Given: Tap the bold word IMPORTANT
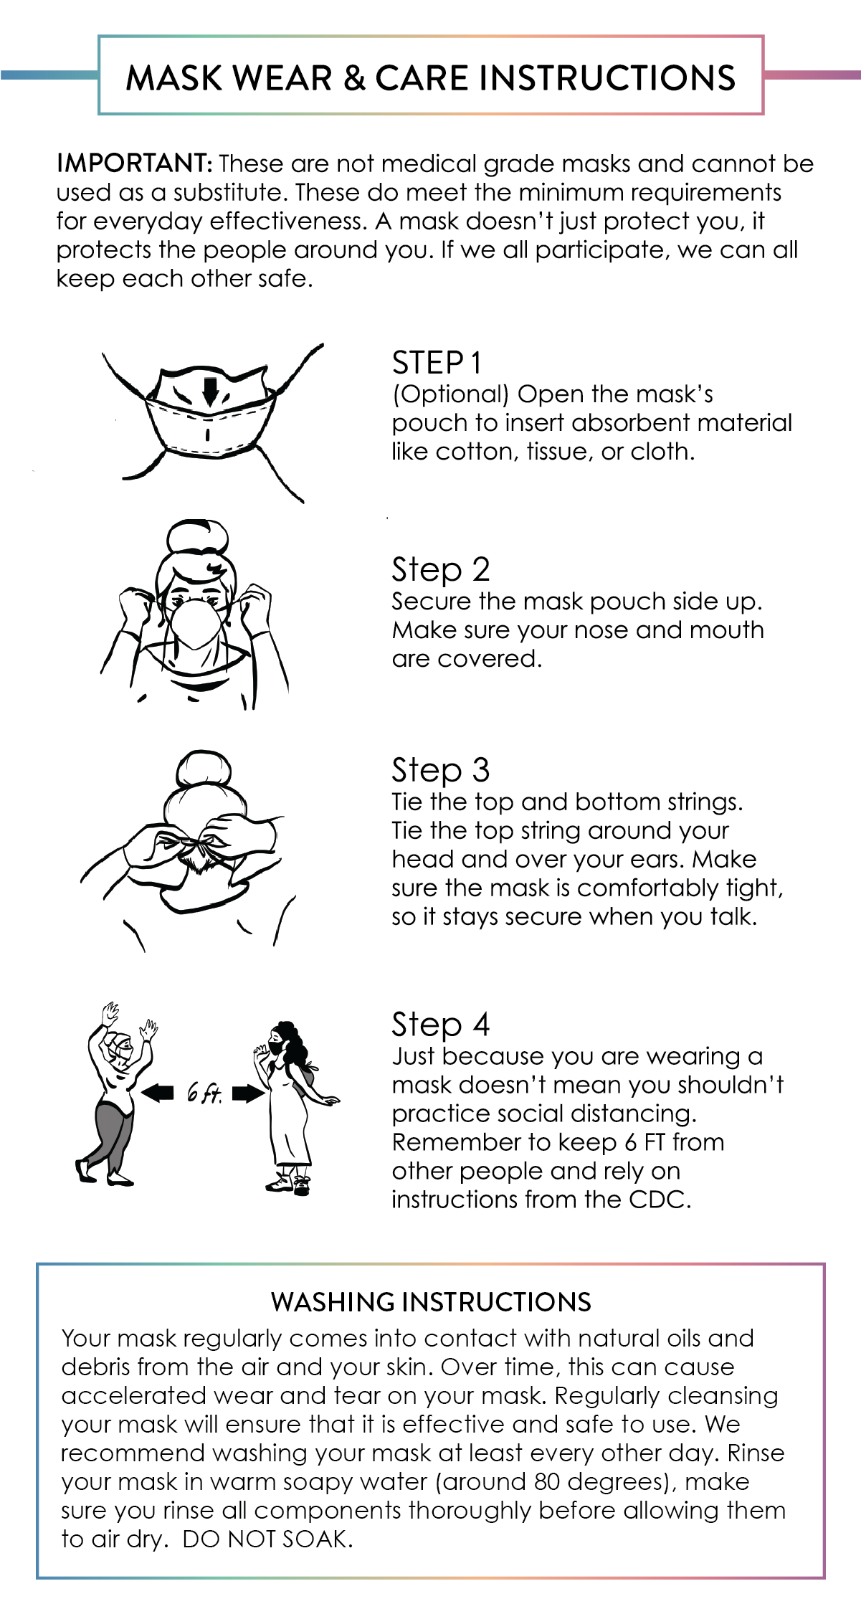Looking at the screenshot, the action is [134, 163].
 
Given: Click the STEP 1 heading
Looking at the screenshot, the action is [436, 363].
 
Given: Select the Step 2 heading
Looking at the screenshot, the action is [440, 570].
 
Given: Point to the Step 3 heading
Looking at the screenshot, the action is [440, 771].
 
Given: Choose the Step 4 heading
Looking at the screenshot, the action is [440, 1025].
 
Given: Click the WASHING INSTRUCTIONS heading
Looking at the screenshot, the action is [431, 1301].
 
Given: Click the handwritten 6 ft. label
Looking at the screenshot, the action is [204, 1093].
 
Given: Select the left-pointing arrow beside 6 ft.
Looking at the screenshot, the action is [158, 1093].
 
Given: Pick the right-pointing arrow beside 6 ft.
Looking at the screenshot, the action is [249, 1093].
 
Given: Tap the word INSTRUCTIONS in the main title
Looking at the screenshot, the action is [606, 77].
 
